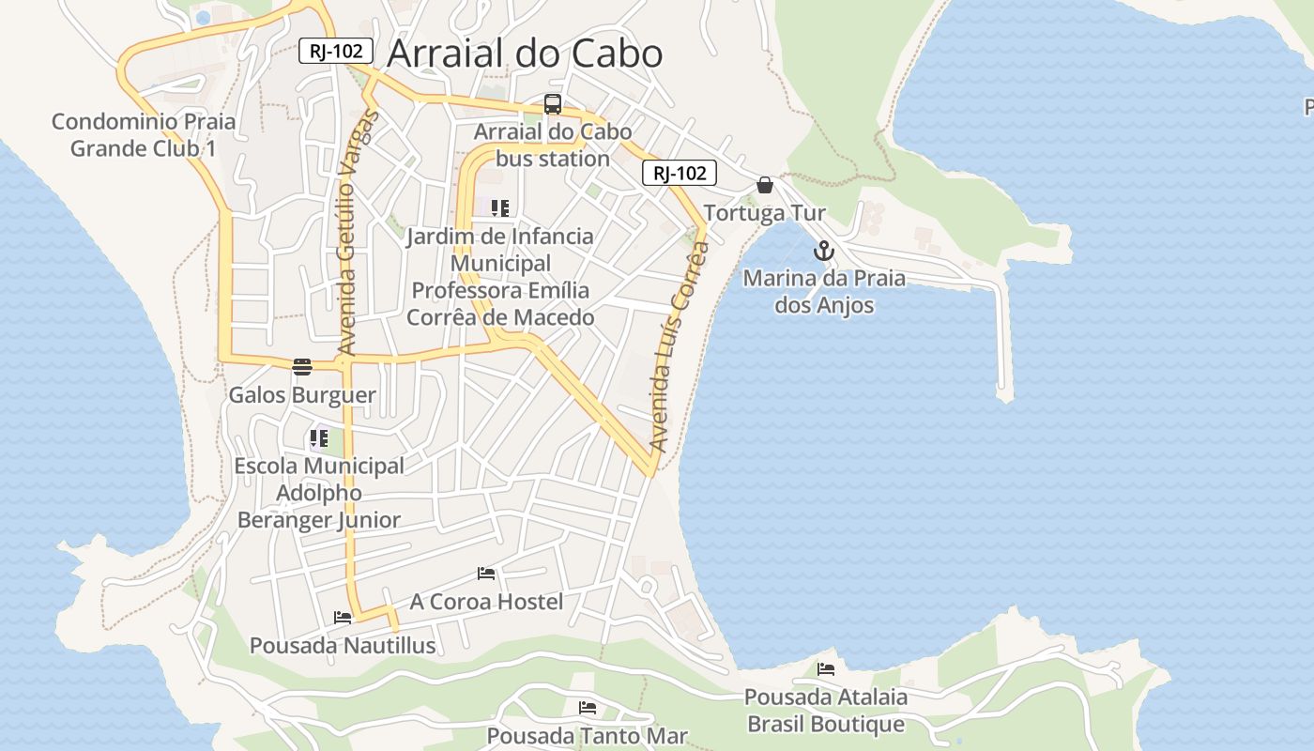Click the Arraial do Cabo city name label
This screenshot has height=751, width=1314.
(x=524, y=54)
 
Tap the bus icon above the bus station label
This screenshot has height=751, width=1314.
(x=553, y=104)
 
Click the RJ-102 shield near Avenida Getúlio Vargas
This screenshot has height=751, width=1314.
(x=336, y=51)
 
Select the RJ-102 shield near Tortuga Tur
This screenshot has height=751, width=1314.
(x=680, y=173)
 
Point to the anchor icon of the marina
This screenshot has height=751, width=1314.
(x=823, y=251)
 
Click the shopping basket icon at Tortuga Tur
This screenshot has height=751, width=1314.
(x=765, y=185)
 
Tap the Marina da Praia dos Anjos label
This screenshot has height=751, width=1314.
(x=824, y=292)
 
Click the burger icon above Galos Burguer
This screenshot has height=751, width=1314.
(x=301, y=367)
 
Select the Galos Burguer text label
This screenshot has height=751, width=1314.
(x=302, y=395)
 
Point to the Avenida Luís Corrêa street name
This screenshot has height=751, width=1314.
(x=679, y=347)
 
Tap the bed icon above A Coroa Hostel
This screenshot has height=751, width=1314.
(x=486, y=573)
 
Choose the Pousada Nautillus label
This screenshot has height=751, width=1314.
(x=343, y=646)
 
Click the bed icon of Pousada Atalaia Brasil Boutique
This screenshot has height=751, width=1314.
(x=826, y=668)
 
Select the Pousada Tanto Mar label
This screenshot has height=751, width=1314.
(x=588, y=736)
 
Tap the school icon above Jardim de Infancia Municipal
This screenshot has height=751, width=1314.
(x=500, y=207)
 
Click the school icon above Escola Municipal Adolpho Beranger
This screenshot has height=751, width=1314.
(x=319, y=437)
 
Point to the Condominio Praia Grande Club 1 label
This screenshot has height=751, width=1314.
(x=144, y=134)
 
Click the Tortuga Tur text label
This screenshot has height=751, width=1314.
(x=765, y=213)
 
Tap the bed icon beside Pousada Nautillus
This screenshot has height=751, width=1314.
(x=343, y=617)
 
